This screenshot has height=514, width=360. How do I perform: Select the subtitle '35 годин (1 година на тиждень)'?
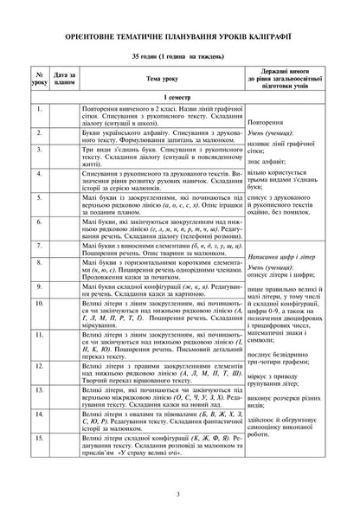179,57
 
